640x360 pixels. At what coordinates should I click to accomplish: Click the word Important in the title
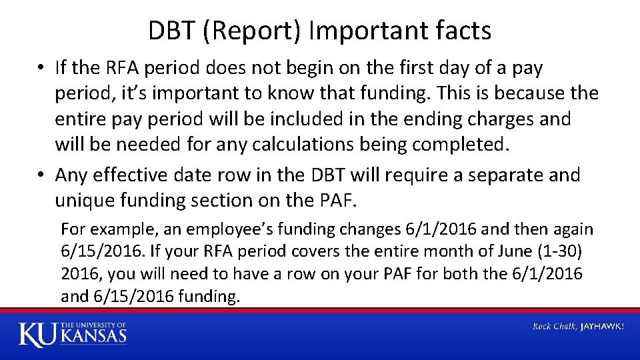[365, 31]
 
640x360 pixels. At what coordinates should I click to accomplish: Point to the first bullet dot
[41, 69]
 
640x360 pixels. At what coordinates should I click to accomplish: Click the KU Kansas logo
[72, 333]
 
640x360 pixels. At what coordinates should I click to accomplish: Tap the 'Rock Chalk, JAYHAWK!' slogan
[578, 326]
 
